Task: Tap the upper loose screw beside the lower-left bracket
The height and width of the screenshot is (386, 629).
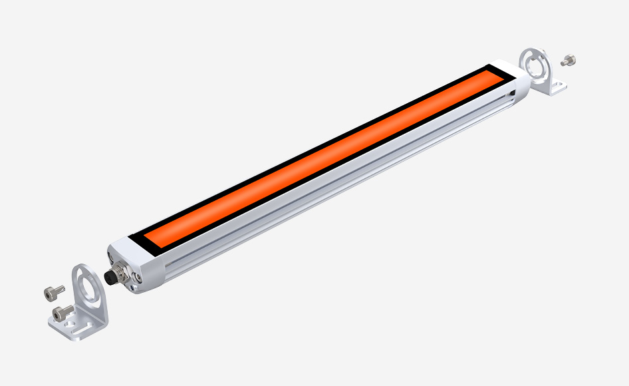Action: coord(54,291)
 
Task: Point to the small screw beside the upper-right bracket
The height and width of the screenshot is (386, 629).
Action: coord(568,61)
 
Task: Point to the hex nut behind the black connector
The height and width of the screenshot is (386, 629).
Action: coord(120,272)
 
